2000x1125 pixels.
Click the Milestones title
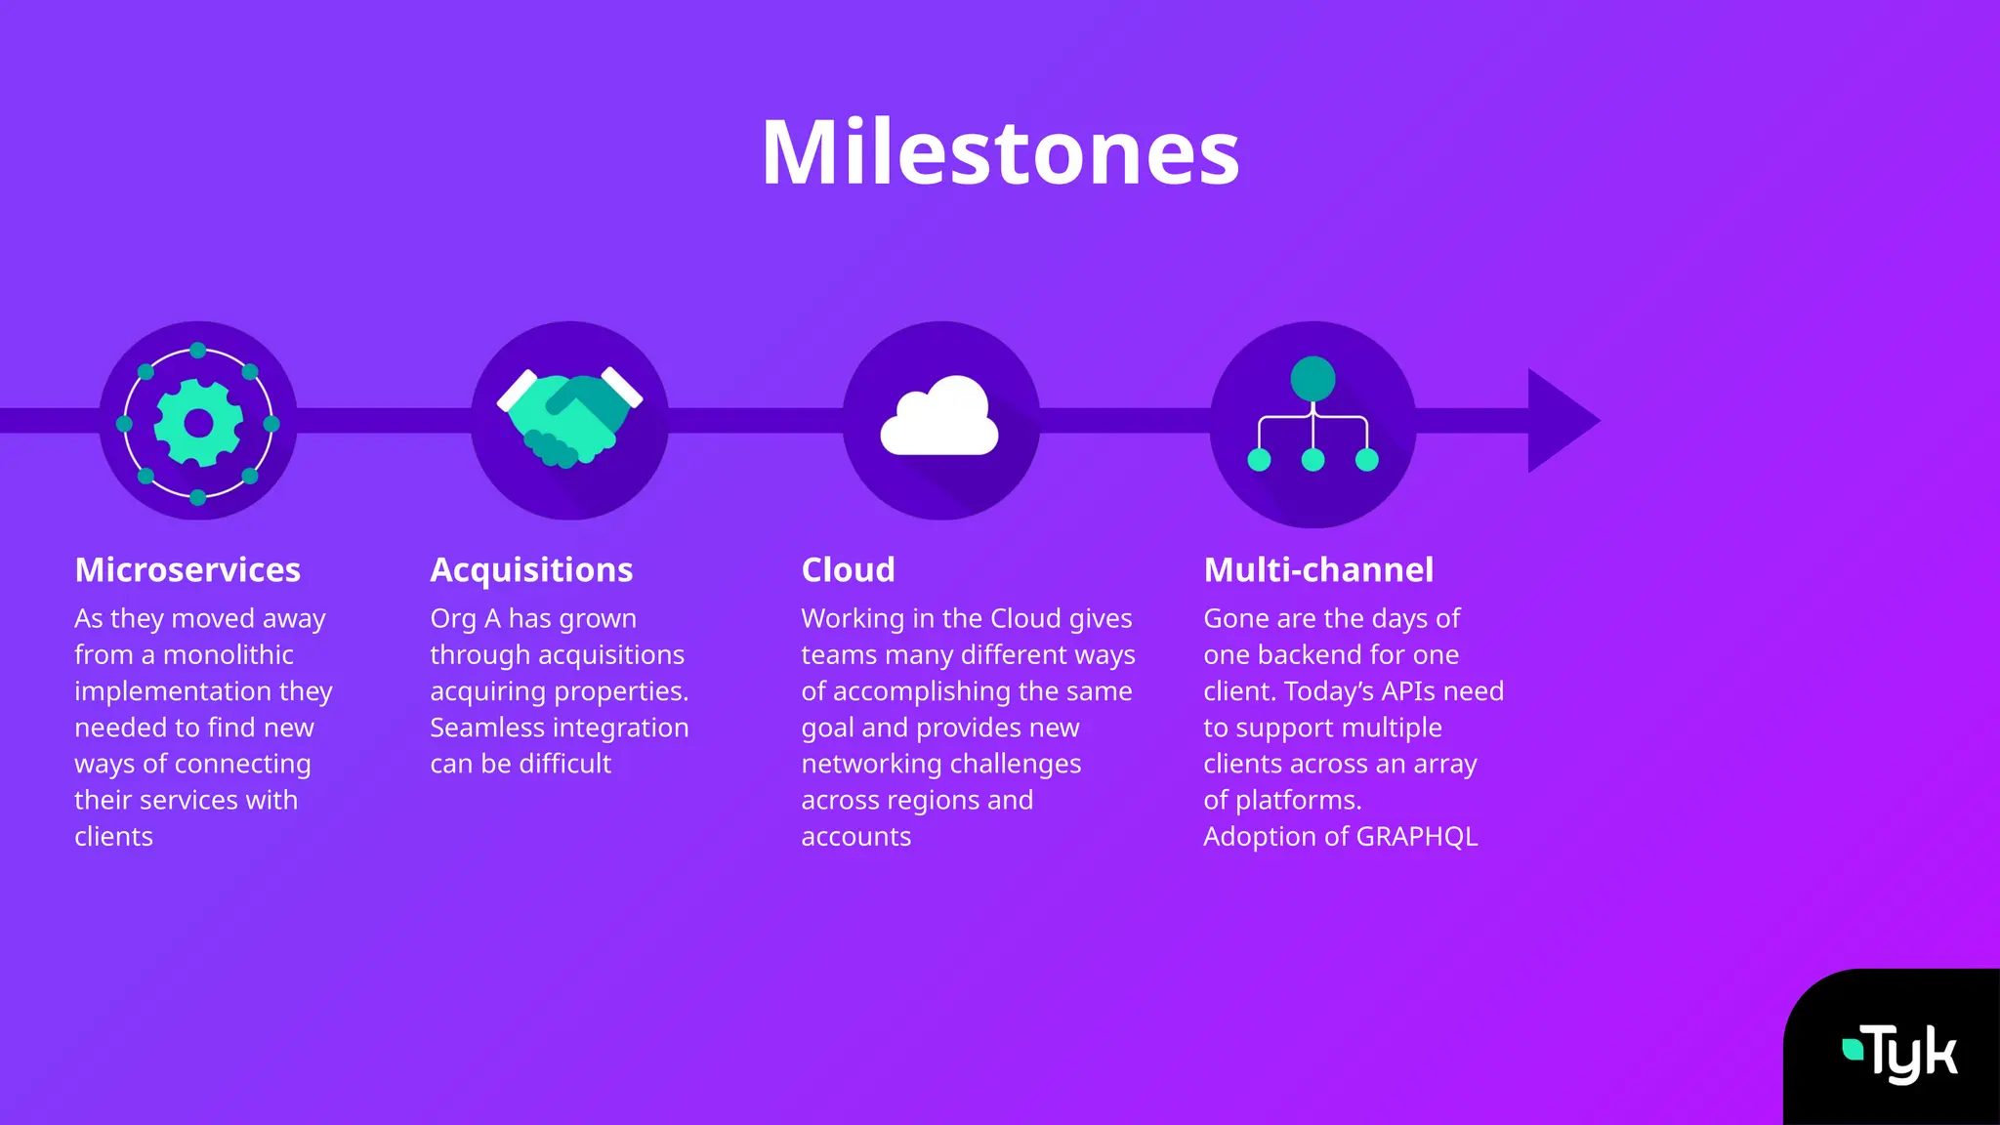(1000, 153)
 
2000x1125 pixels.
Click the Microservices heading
(187, 569)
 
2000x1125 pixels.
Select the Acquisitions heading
(531, 569)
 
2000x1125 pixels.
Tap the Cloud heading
(848, 569)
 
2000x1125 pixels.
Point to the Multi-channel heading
(1318, 569)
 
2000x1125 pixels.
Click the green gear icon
(198, 423)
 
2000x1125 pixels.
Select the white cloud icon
(939, 418)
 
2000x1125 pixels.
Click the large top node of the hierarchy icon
(1312, 379)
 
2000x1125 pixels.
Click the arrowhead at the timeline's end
(1561, 421)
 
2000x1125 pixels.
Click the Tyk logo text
(1912, 1055)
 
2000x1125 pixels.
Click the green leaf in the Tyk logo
(1852, 1050)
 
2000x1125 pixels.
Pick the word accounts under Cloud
(855, 837)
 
